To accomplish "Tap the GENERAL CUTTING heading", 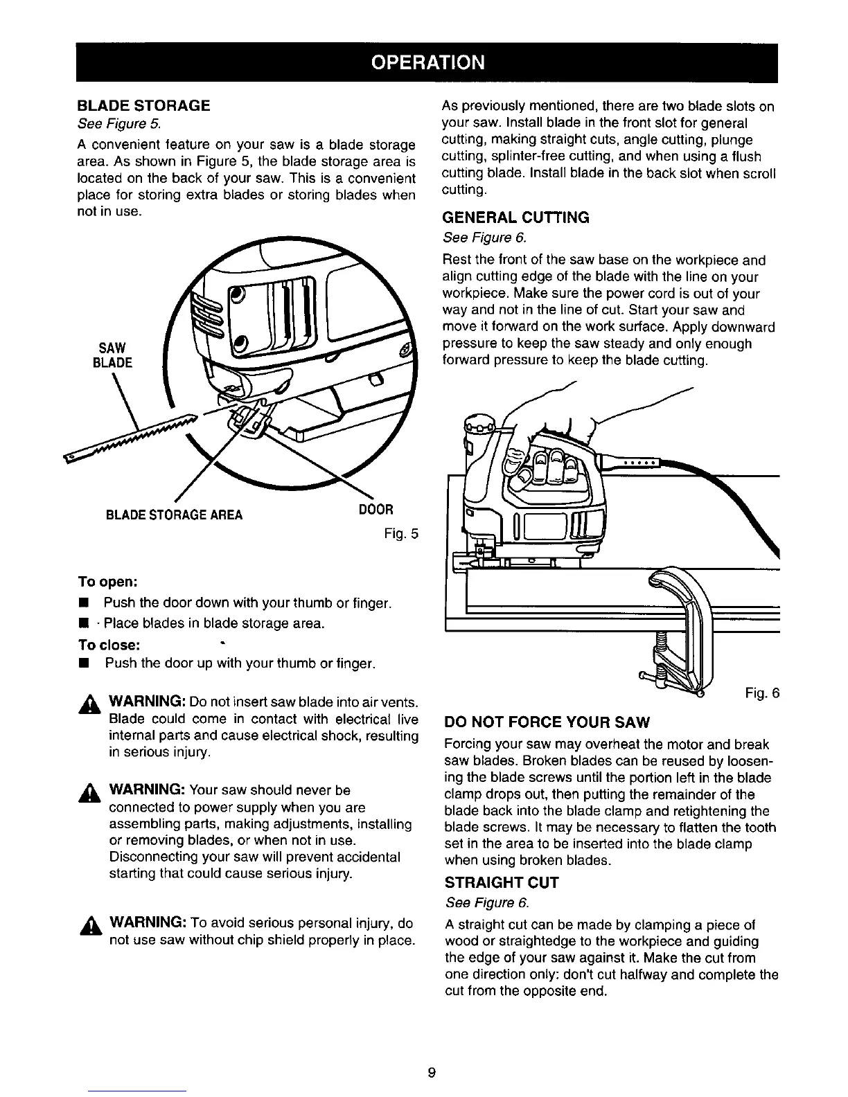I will coord(515,217).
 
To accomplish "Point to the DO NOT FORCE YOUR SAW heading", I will coord(546,723).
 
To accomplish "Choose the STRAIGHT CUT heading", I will coord(501,883).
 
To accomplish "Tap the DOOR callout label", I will coord(376,509).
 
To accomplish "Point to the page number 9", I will coord(431,1073).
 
